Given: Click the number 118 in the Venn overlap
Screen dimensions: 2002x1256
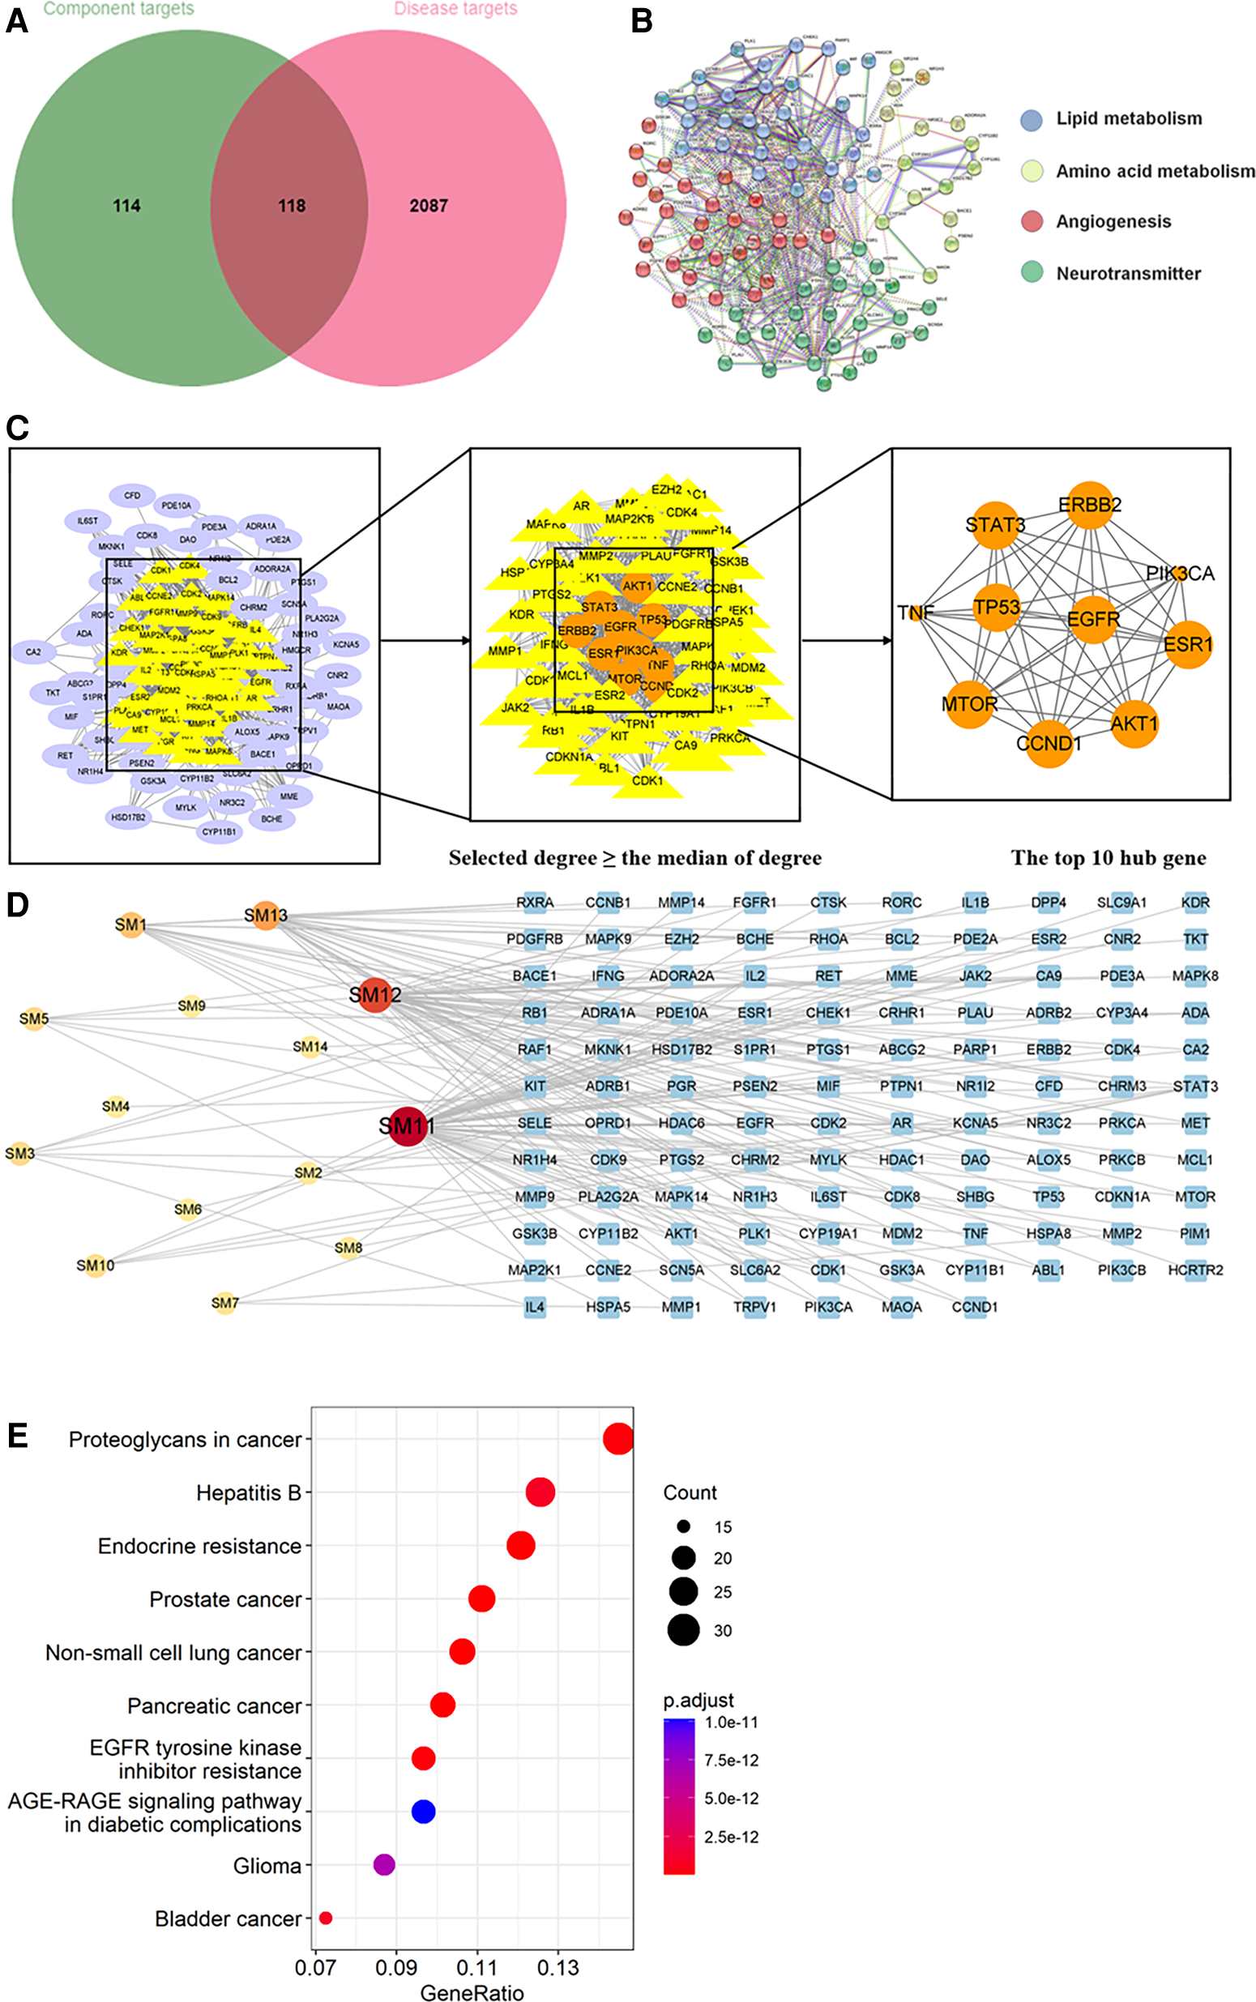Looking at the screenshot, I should [x=292, y=205].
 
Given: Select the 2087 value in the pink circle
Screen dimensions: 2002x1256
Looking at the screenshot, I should [x=428, y=205].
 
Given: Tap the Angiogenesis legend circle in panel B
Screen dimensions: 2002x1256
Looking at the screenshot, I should [x=1031, y=221].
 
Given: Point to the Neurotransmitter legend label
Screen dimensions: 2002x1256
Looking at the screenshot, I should [x=1128, y=273].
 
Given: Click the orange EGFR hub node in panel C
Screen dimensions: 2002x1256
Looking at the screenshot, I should [x=1093, y=619].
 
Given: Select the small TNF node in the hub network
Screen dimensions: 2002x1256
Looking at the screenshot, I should [x=917, y=613].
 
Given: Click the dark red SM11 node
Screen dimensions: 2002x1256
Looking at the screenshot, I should [x=407, y=1126].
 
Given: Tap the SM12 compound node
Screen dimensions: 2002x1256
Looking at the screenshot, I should [x=375, y=994].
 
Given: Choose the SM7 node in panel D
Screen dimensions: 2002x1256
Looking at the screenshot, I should [x=225, y=1303].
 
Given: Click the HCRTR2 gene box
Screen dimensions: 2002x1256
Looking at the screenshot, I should [x=1194, y=1270].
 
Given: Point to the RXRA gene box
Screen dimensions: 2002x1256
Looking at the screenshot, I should [x=534, y=903].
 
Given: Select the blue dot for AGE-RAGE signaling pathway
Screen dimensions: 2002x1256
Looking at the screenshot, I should [x=423, y=1811].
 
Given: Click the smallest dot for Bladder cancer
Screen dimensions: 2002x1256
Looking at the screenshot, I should [x=326, y=1917].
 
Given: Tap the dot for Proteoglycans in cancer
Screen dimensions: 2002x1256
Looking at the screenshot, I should [x=618, y=1439].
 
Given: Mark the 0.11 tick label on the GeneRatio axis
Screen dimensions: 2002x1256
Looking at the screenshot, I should [x=476, y=1968].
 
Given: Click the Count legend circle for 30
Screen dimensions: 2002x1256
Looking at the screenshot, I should [x=684, y=1630].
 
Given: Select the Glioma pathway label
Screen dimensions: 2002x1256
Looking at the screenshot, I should [x=267, y=1866].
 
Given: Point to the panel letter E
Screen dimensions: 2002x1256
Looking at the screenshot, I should [x=18, y=1436].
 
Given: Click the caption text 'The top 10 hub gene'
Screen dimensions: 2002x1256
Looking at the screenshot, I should [x=1109, y=858].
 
